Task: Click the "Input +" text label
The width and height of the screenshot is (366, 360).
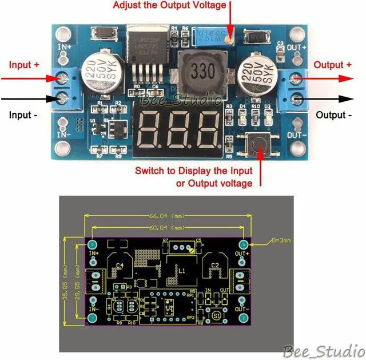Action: [x=24, y=65]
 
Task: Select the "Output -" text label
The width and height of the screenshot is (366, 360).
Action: [x=334, y=115]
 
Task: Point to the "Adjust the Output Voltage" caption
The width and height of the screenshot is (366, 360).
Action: [x=170, y=5]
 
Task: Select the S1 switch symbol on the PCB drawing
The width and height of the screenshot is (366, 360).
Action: [x=217, y=315]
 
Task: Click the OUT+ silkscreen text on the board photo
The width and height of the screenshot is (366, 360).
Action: [x=296, y=46]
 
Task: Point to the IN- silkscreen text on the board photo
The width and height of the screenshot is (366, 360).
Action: [x=64, y=135]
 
